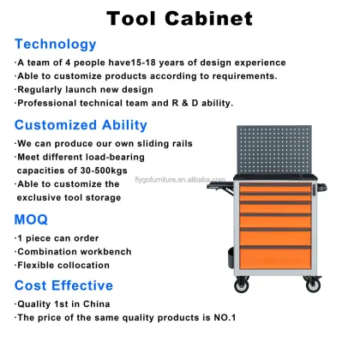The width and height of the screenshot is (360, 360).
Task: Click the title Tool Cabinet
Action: [179, 18]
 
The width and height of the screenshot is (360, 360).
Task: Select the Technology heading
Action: [55, 44]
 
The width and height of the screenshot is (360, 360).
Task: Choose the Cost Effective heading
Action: [63, 285]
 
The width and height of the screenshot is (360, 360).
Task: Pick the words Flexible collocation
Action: [63, 264]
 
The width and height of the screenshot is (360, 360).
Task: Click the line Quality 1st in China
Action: [64, 304]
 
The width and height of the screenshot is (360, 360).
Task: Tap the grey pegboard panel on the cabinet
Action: [276, 153]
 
